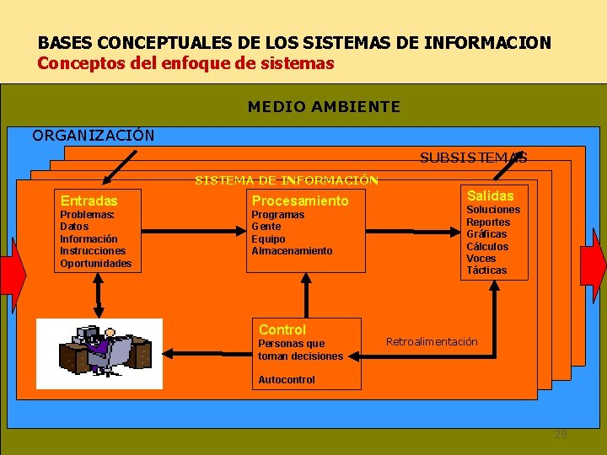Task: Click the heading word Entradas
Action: pyautogui.click(x=89, y=201)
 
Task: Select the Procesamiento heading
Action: pyautogui.click(x=300, y=201)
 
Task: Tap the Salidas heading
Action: pyautogui.click(x=490, y=195)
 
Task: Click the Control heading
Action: pyautogui.click(x=282, y=329)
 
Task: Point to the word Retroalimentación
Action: pyautogui.click(x=432, y=341)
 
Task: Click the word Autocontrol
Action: pyautogui.click(x=287, y=380)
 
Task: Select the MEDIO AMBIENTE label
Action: pyautogui.click(x=324, y=107)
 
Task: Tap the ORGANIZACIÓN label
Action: pyautogui.click(x=94, y=135)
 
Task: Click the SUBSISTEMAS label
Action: pyautogui.click(x=474, y=158)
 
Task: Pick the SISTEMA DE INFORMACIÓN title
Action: pyautogui.click(x=287, y=179)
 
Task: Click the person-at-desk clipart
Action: pyautogui.click(x=99, y=353)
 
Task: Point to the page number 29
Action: pyautogui.click(x=561, y=434)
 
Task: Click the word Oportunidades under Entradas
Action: pyautogui.click(x=95, y=264)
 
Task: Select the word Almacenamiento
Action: pyautogui.click(x=292, y=251)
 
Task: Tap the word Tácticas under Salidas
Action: pyautogui.click(x=486, y=270)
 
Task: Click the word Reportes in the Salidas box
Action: pyautogui.click(x=488, y=222)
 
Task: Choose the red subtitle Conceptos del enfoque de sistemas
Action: pyautogui.click(x=185, y=63)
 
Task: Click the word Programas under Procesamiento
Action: pyautogui.click(x=278, y=215)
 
